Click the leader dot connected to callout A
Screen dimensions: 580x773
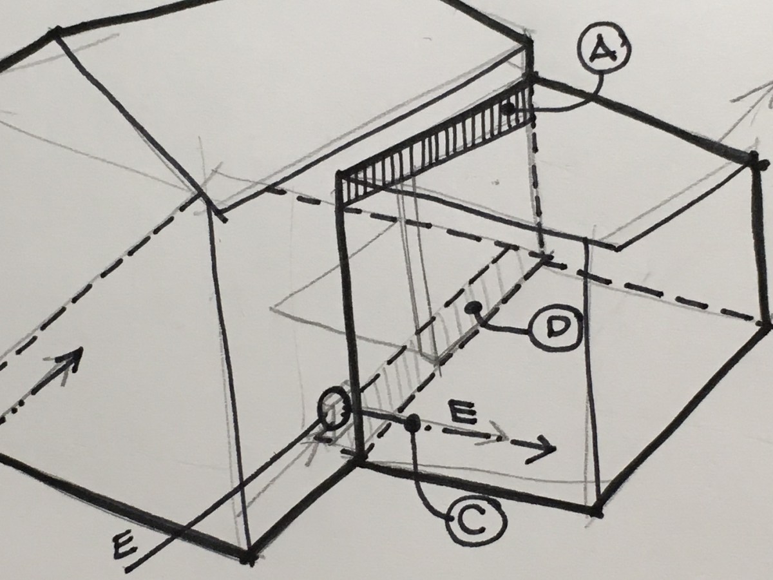pyautogui.click(x=508, y=109)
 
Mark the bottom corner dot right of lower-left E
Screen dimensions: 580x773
pyautogui.click(x=248, y=556)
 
